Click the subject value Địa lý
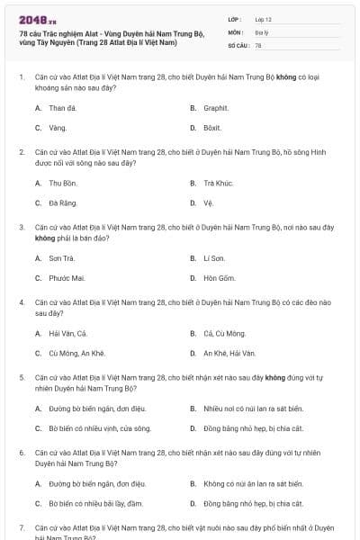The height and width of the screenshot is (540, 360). pos(261,31)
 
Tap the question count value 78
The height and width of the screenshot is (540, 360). pos(258,44)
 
